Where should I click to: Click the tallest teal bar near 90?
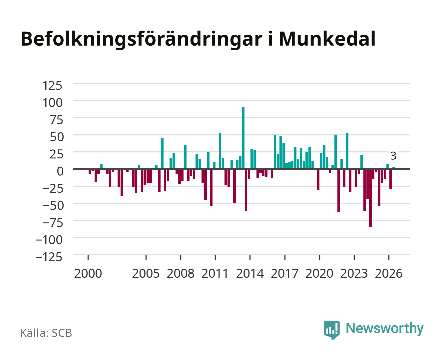click(243, 138)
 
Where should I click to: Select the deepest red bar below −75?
click(370, 198)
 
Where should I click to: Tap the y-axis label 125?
click(52, 86)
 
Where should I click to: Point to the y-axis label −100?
click(49, 240)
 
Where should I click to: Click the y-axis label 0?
click(60, 171)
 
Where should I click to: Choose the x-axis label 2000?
click(88, 273)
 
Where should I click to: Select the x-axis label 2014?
click(250, 273)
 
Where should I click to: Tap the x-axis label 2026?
click(389, 273)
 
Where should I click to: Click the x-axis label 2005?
click(146, 273)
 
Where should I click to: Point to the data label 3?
click(393, 156)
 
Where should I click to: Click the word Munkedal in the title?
click(327, 39)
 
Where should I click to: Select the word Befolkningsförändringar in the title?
click(141, 40)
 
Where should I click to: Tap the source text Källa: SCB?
click(46, 333)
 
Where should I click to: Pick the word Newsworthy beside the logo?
click(385, 329)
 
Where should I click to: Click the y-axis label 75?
click(56, 120)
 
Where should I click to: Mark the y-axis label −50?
click(53, 206)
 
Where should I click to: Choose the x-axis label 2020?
click(319, 273)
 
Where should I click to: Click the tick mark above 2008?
click(181, 257)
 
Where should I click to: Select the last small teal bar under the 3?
click(393, 168)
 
